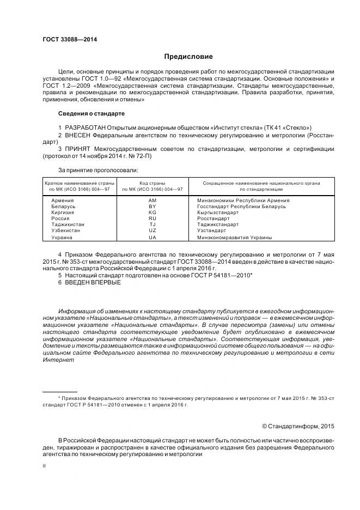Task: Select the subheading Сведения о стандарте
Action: point(91,114)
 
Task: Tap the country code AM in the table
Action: point(152,201)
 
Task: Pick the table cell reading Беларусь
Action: point(63,207)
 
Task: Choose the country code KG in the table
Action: point(152,212)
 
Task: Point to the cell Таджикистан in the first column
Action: point(68,224)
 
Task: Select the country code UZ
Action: point(152,230)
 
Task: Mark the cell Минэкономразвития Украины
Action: point(234,238)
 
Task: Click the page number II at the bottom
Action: point(44,466)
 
